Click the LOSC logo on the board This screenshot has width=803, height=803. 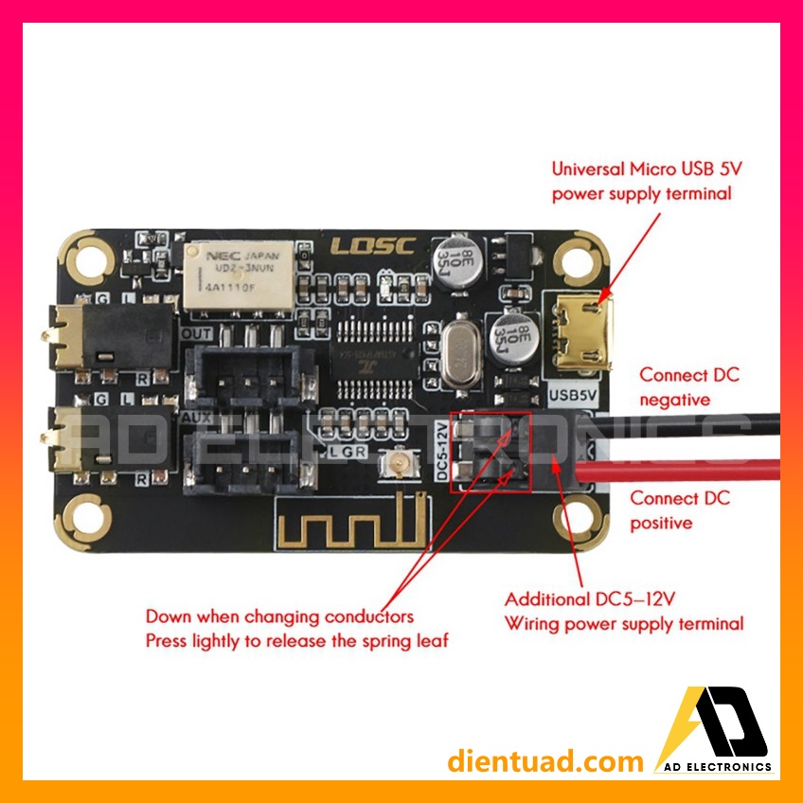[372, 246]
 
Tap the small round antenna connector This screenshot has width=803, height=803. [394, 466]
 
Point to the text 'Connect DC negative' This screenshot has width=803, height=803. [688, 386]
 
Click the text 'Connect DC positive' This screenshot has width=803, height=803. [679, 509]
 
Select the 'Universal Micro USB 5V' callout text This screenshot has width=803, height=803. [641, 181]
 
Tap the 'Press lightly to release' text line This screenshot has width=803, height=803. [296, 640]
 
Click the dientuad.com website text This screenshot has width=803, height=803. [545, 760]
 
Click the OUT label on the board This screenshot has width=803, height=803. [196, 334]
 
